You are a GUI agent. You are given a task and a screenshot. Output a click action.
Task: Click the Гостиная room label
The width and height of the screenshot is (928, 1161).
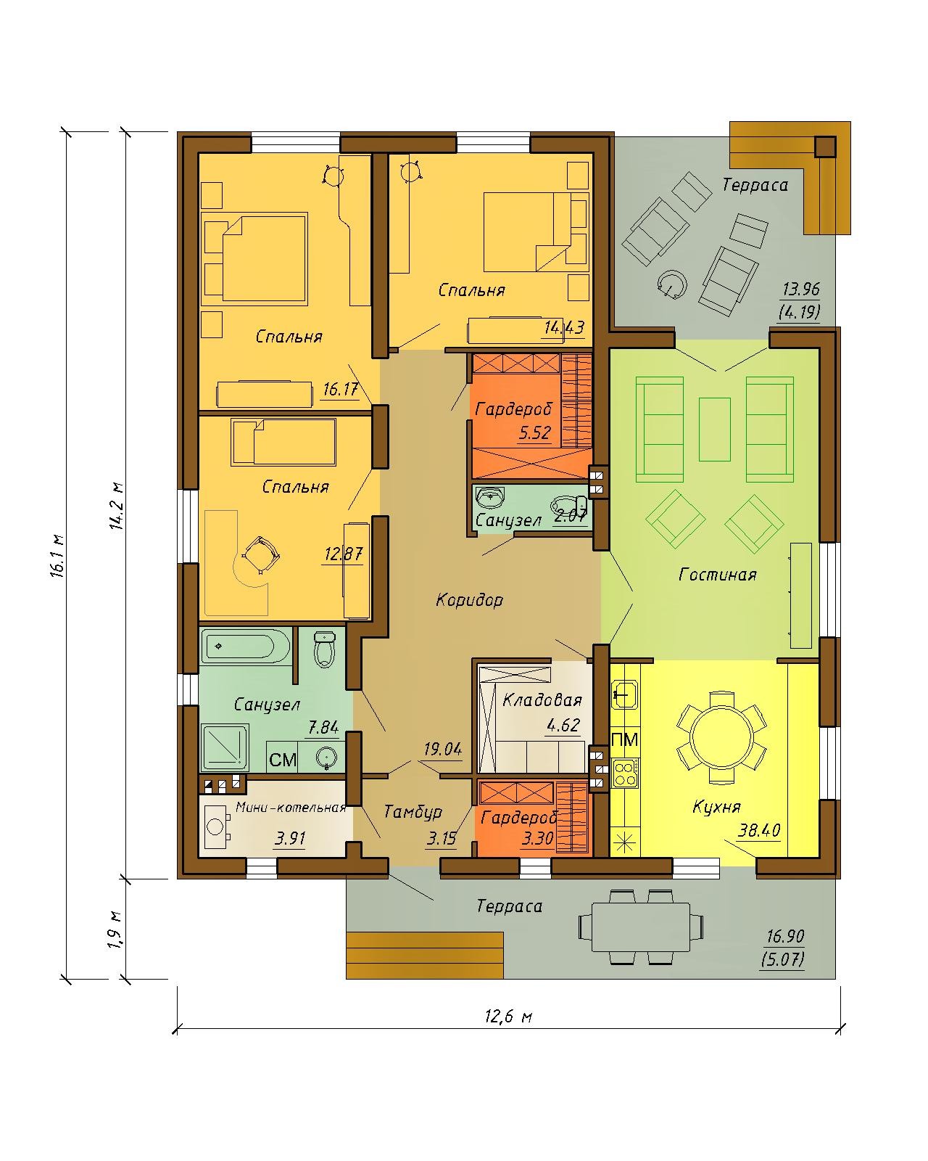(717, 575)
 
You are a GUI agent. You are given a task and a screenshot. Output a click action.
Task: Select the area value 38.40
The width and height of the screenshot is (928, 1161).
(758, 830)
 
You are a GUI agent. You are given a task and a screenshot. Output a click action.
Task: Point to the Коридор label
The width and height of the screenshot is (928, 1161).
(469, 600)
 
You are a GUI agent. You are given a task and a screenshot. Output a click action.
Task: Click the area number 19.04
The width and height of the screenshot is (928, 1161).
(443, 749)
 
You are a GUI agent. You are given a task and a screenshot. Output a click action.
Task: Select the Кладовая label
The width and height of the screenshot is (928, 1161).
(542, 700)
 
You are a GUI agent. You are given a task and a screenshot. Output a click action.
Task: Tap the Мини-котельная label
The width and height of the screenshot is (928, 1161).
(291, 808)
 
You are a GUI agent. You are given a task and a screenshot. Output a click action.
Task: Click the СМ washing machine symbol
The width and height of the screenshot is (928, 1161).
(283, 760)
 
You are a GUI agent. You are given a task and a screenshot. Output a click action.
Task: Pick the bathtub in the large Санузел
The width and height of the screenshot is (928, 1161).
(246, 646)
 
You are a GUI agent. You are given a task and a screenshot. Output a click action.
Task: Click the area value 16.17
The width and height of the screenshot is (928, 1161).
(341, 389)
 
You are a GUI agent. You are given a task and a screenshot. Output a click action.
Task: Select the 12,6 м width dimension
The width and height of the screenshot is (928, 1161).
(508, 1017)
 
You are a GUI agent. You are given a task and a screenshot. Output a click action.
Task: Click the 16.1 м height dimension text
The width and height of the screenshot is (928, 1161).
(58, 556)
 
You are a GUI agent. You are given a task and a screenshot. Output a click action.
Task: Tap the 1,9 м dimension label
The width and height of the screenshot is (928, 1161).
(115, 931)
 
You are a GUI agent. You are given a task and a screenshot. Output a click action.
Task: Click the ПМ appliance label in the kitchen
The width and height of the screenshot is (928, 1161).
(625, 739)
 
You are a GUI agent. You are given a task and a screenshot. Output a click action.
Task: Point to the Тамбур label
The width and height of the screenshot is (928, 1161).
(413, 811)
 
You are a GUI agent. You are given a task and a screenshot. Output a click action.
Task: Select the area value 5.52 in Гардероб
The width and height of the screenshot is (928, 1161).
(534, 432)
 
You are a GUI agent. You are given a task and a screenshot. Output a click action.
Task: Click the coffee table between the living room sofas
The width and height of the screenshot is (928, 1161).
(714, 430)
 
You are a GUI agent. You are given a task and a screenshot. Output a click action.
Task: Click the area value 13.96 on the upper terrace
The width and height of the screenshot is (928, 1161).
(801, 290)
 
